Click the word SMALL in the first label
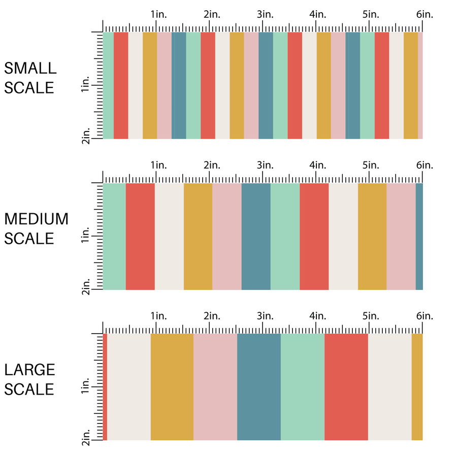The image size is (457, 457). pyautogui.click(x=30, y=68)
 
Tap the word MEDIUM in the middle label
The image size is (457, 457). pyautogui.click(x=36, y=219)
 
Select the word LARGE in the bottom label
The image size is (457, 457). pyautogui.click(x=29, y=370)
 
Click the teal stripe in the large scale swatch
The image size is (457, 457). pyautogui.click(x=259, y=387)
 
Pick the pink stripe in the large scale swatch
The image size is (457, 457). pyautogui.click(x=215, y=387)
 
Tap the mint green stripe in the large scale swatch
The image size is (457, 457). pyautogui.click(x=303, y=387)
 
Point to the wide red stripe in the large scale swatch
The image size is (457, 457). pyautogui.click(x=346, y=387)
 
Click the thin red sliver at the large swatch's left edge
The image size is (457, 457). pyautogui.click(x=105, y=387)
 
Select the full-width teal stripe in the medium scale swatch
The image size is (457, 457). pyautogui.click(x=256, y=237)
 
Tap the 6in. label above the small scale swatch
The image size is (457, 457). pyautogui.click(x=425, y=15)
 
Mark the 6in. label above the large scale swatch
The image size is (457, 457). pyautogui.click(x=425, y=316)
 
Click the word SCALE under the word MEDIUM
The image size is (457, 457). pyautogui.click(x=29, y=239)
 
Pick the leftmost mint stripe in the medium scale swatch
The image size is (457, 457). pyautogui.click(x=114, y=237)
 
